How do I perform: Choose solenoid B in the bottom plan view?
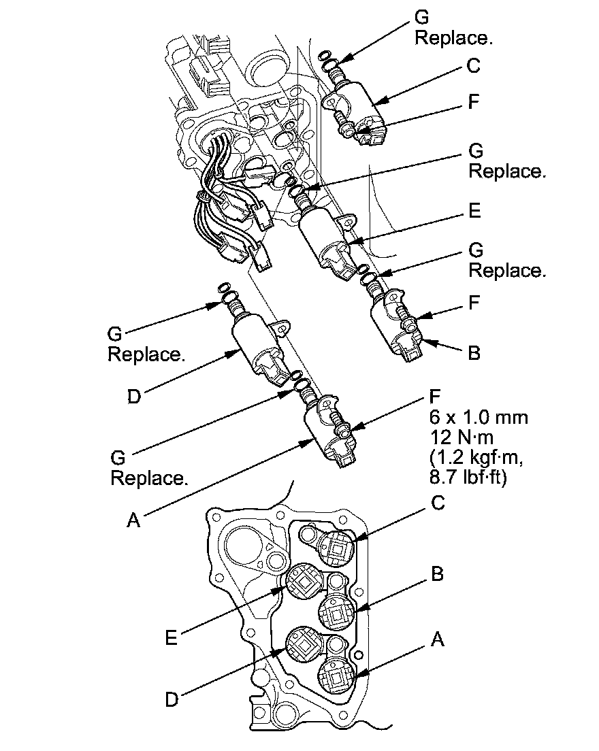point(337,612)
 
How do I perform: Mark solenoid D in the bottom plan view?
point(304,645)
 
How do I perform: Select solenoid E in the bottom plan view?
point(304,580)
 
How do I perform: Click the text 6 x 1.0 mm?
point(479,417)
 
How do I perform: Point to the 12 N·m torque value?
point(461,437)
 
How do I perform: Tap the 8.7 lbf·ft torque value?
point(468,478)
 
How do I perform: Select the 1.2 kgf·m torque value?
point(476,457)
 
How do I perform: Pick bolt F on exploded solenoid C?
point(346,122)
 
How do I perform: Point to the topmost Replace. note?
point(453,38)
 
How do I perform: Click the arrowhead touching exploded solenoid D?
point(234,354)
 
